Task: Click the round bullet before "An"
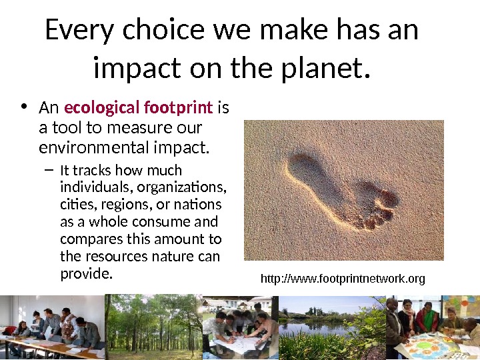tap(24, 107)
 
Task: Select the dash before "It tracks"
tap(47, 170)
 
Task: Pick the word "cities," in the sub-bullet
tap(75, 204)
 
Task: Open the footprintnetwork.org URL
tap(342, 279)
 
